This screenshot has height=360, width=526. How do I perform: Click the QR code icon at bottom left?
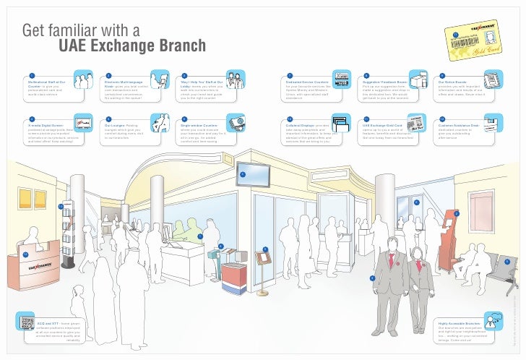pos(28,322)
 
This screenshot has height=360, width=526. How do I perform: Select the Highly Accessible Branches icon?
pos(493,320)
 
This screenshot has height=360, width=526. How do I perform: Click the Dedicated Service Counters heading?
pos(307,83)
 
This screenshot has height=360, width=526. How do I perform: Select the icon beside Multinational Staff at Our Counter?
pos(82,80)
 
